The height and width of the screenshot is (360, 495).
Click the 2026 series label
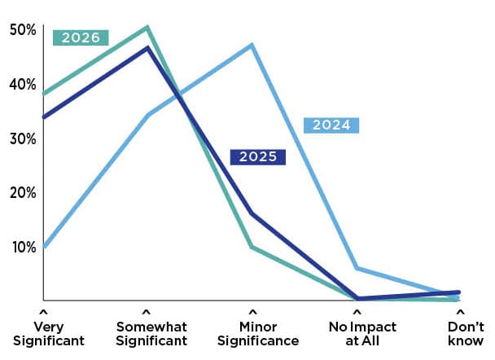[80, 37]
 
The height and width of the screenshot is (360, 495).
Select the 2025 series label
[257, 157]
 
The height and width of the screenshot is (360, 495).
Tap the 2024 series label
[331, 125]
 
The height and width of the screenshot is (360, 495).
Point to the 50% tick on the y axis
[22, 30]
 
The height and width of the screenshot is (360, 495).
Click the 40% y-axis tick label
[22, 85]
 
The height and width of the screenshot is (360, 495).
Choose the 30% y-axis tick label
[22, 138]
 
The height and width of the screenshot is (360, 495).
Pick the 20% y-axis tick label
[22, 193]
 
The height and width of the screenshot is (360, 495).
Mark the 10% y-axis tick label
[22, 247]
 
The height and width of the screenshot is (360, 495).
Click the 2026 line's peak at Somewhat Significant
[147, 27]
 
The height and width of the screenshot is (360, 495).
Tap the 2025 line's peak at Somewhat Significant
[147, 47]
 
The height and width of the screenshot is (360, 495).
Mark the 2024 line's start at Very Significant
[43, 247]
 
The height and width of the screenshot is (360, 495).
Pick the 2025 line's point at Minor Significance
[252, 214]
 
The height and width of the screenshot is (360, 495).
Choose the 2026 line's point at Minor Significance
[252, 247]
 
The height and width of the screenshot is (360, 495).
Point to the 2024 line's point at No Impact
[357, 268]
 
